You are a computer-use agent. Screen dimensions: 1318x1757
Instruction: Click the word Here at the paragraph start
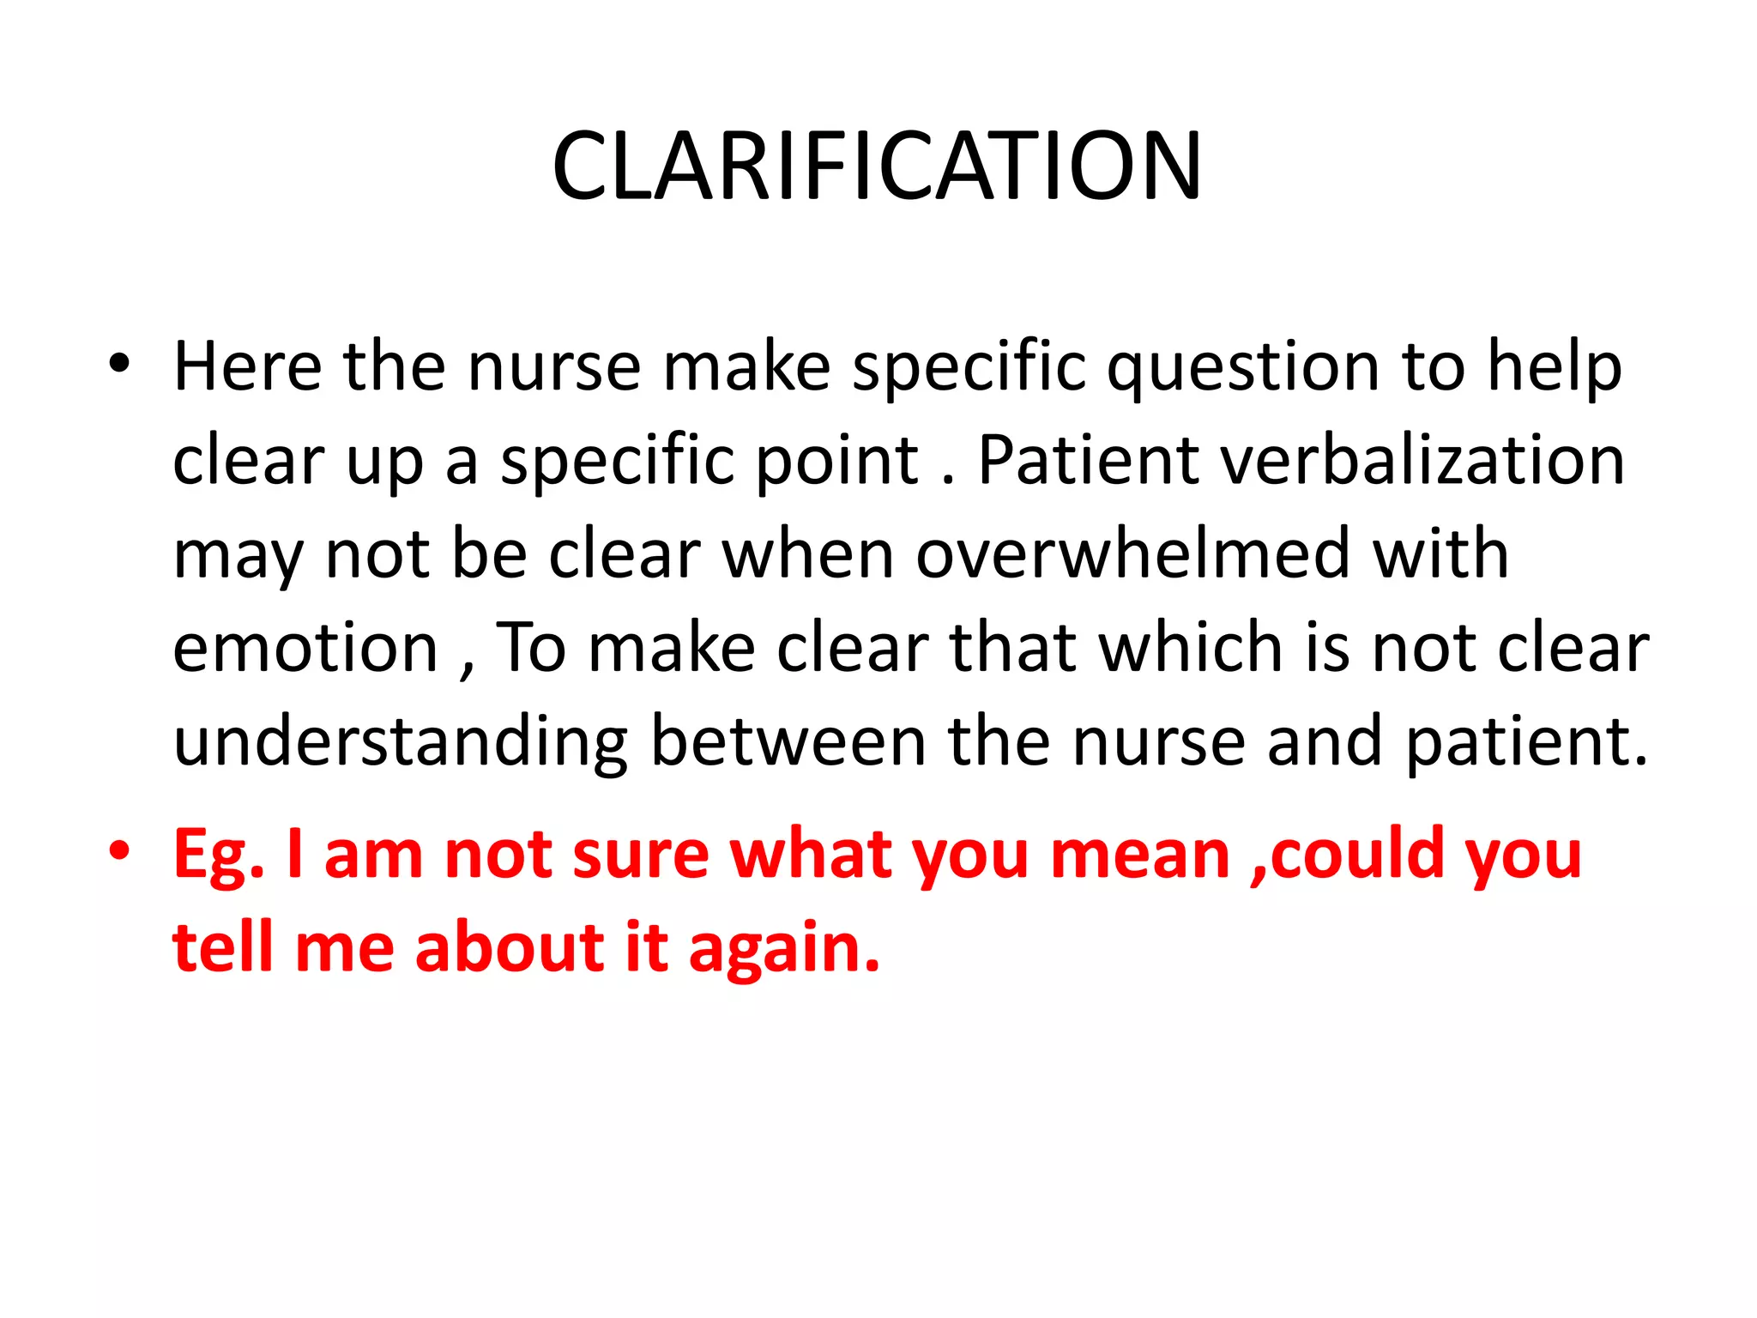[247, 366]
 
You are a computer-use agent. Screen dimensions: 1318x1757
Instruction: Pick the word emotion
[305, 648]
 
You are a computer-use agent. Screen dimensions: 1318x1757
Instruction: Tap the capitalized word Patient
[1088, 461]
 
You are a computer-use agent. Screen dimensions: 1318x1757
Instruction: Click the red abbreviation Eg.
[219, 856]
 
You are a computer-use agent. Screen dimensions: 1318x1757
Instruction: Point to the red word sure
[640, 855]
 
